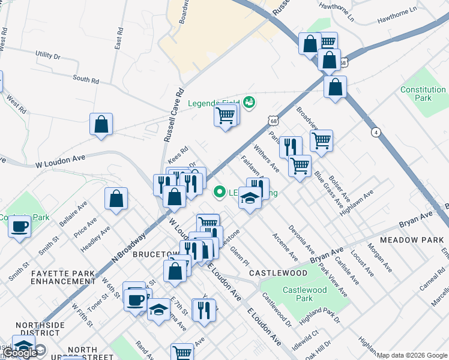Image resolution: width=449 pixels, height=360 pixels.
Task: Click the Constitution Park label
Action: click(423, 94)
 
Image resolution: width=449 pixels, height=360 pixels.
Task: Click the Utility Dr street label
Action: click(48, 55)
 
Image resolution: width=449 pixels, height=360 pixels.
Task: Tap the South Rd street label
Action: click(86, 79)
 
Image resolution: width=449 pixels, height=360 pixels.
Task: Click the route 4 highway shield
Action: click(376, 132)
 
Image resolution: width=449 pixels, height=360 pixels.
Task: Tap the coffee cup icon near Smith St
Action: click(20, 227)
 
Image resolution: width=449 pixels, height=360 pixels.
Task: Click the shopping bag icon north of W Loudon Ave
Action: click(101, 124)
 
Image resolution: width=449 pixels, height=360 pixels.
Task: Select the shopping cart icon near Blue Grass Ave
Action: click(322, 141)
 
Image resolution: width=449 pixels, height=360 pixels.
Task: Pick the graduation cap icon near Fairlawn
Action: click(249, 197)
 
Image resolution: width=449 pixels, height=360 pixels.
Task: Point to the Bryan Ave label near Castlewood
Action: click(327, 254)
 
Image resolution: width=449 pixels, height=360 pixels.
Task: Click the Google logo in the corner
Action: click(20, 353)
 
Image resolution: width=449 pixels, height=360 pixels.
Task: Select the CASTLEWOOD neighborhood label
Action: click(279, 273)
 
